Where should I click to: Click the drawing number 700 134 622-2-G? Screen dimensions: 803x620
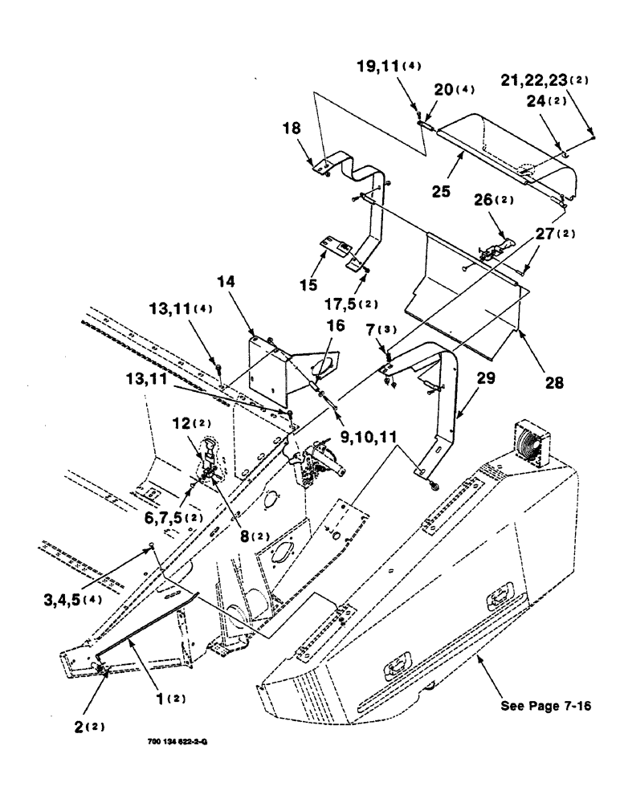tap(179, 743)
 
